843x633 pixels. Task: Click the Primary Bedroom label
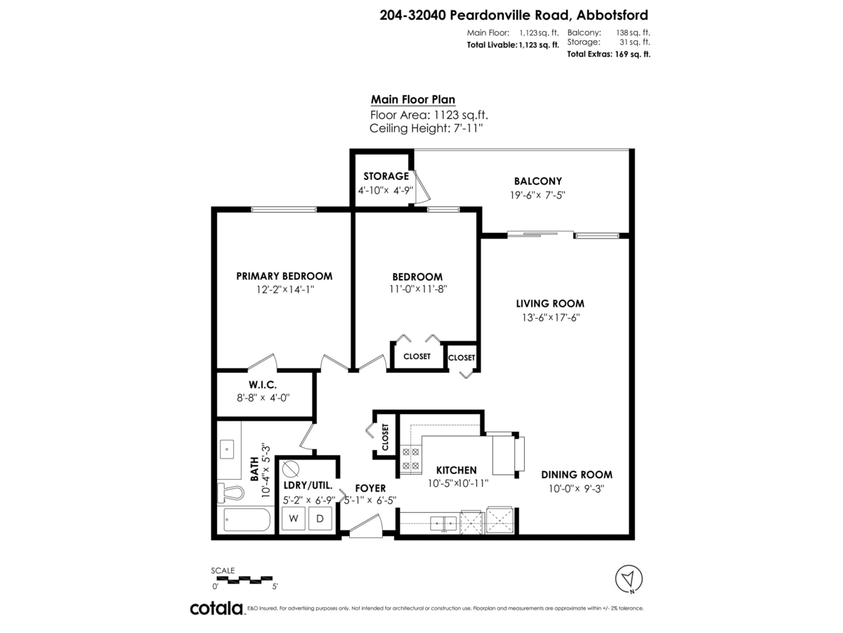284,276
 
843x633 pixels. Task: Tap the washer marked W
293,519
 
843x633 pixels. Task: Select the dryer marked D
320,519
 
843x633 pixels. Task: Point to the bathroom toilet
230,492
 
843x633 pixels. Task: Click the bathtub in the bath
246,520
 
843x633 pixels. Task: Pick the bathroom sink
228,447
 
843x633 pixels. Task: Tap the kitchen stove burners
410,459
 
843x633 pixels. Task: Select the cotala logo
216,608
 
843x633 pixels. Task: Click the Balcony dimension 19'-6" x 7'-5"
537,196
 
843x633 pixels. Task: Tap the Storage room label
386,176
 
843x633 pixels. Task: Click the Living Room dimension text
550,317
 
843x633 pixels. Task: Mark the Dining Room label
577,474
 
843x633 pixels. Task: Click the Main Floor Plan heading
407,100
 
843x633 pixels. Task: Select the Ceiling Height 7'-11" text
426,128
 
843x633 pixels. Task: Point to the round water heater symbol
289,469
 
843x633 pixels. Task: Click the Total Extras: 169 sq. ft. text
608,54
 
